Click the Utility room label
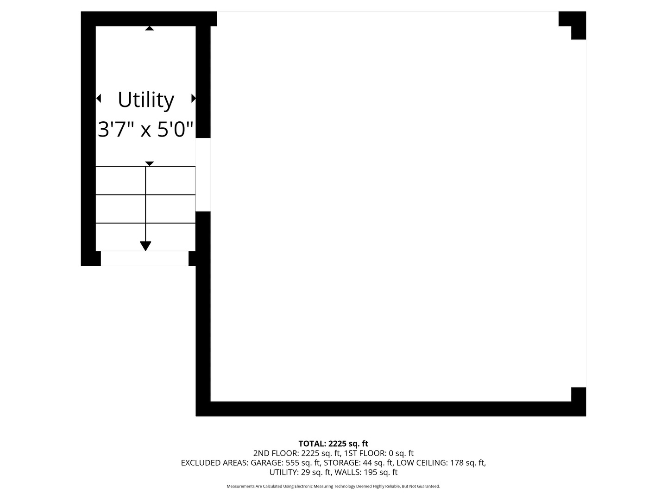(145, 100)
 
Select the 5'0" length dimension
(175, 130)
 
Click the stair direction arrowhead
(145, 246)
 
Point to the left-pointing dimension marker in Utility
(98, 98)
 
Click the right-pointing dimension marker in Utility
(194, 98)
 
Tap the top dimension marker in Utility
(149, 28)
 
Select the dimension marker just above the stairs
(149, 163)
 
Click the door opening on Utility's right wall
(203, 175)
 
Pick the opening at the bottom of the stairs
(145, 258)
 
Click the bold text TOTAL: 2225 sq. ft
(333, 444)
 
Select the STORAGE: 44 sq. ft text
(358, 463)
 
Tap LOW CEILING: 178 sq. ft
(441, 463)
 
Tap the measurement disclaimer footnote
(333, 487)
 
